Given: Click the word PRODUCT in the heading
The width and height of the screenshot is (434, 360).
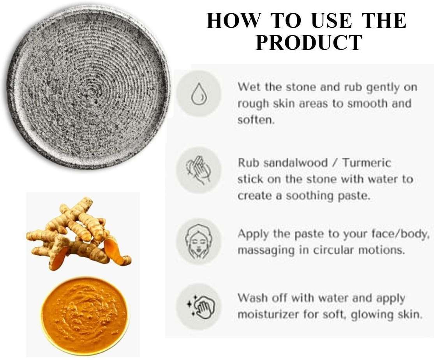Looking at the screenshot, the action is pos(309,42).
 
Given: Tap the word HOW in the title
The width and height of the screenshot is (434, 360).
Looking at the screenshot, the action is pos(234,21).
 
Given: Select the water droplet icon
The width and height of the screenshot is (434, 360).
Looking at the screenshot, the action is pos(199,92).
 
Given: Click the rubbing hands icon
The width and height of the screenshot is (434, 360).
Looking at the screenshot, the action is pos(198,170).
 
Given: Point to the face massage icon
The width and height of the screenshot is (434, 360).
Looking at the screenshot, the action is pos(198,240).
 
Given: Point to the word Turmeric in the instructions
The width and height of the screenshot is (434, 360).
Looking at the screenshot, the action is pos(367,163).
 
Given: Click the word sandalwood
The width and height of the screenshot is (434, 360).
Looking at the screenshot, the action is pos(295,163).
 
